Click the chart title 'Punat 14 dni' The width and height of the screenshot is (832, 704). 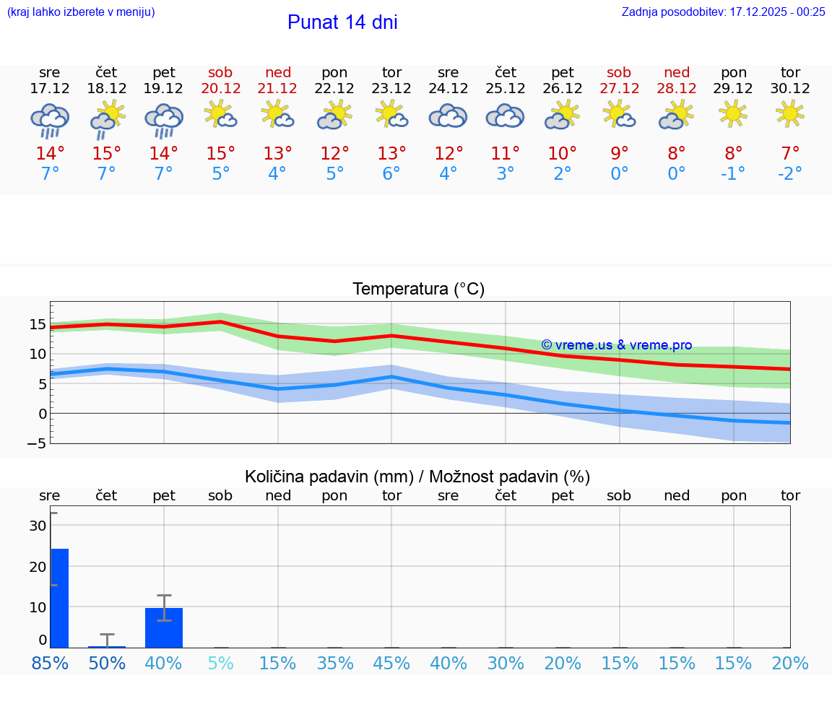[x=342, y=22]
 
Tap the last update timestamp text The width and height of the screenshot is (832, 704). [x=723, y=12]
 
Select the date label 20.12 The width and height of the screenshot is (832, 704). [x=220, y=89]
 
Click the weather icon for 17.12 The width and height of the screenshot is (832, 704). [x=50, y=120]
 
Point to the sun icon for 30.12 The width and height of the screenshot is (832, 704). [x=790, y=113]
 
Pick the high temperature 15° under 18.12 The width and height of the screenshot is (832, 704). [x=106, y=154]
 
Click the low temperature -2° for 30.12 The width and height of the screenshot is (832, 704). [x=790, y=174]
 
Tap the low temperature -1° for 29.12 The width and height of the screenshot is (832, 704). [x=733, y=174]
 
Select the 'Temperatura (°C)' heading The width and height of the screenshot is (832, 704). [x=418, y=290]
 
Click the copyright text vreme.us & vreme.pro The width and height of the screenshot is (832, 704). [x=616, y=345]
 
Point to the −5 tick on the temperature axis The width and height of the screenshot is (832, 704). [x=37, y=443]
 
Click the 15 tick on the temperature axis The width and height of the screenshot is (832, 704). [x=38, y=324]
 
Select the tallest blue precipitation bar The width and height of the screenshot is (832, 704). [x=59, y=598]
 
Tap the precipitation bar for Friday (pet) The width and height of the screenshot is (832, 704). [x=164, y=627]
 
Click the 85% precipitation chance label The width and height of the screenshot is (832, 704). [x=50, y=663]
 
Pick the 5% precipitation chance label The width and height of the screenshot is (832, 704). [x=220, y=663]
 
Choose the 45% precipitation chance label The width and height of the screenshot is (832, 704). [x=391, y=663]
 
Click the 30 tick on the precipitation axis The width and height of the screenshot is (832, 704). [x=38, y=526]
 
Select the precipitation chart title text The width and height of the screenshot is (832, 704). [x=417, y=477]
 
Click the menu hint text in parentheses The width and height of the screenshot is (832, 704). [x=80, y=12]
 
